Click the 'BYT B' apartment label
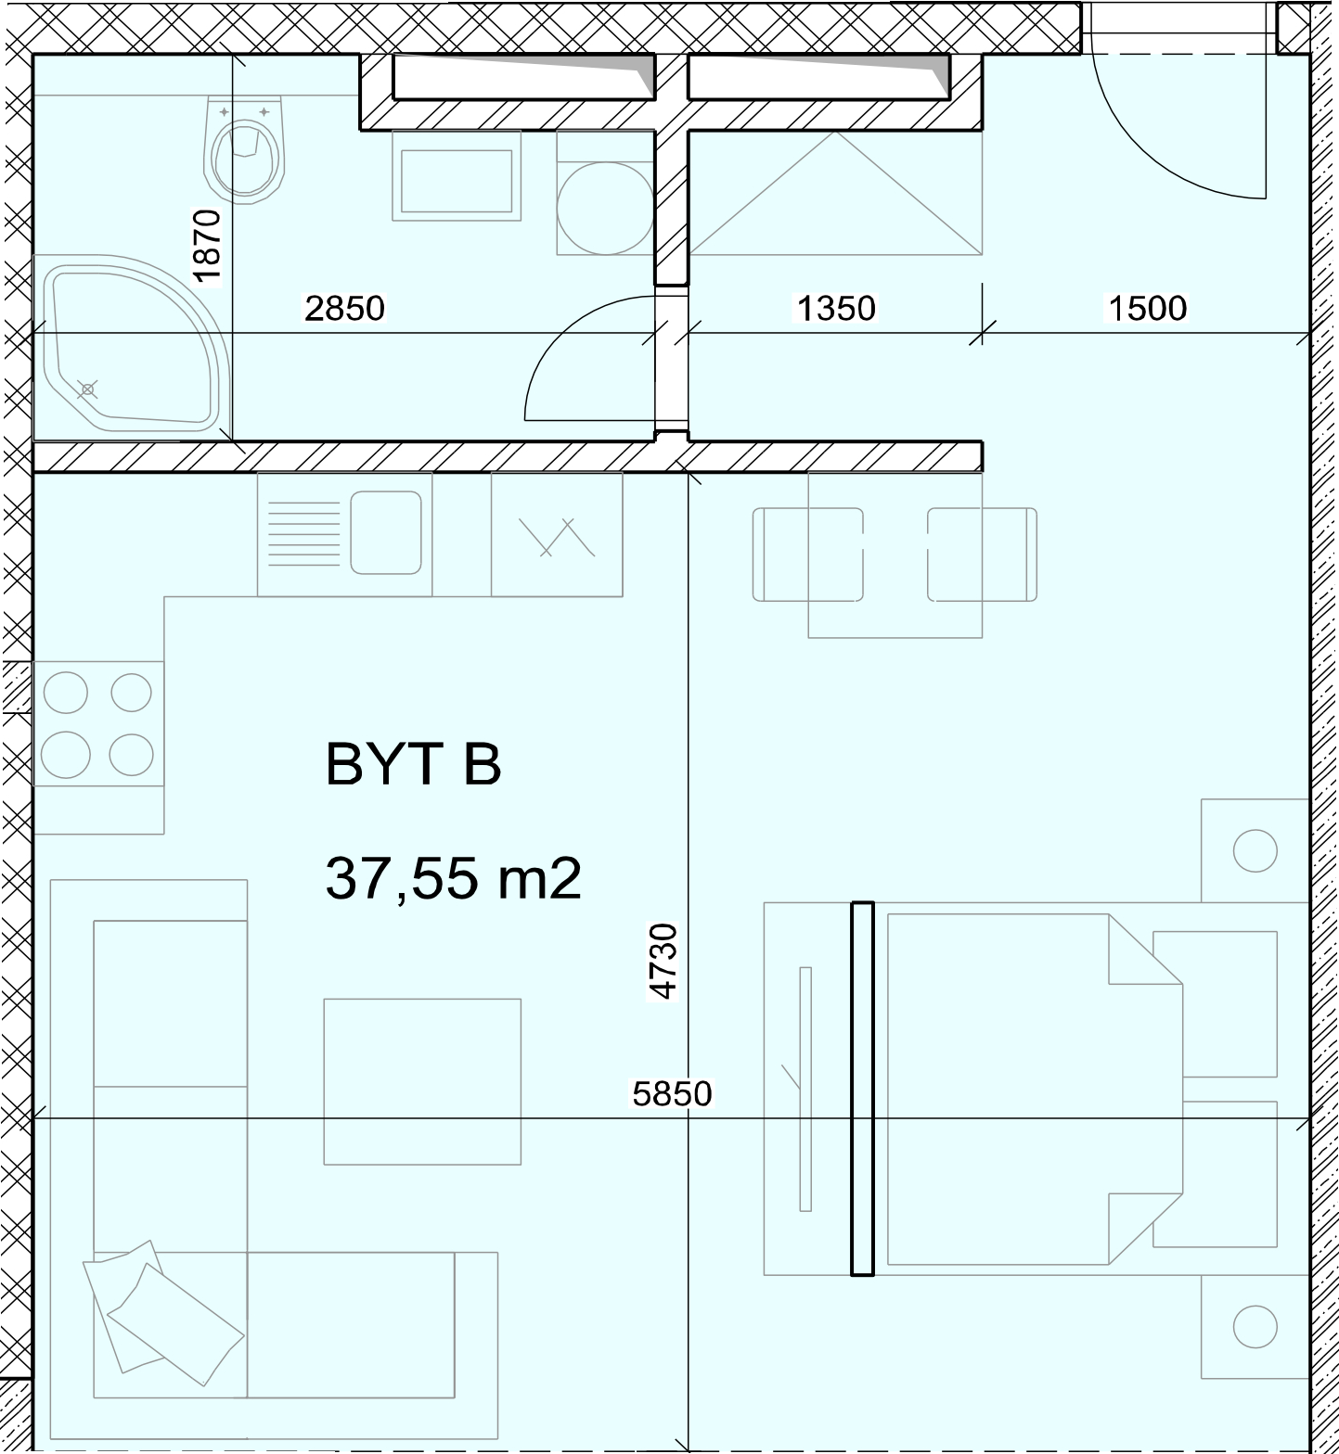[x=414, y=764]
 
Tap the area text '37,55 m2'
[x=454, y=878]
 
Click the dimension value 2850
[x=344, y=308]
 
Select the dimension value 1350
[x=836, y=308]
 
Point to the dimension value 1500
[x=1148, y=308]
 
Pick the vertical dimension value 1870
[x=207, y=247]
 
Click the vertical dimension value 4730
[x=663, y=961]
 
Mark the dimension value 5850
[x=673, y=1094]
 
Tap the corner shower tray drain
[x=88, y=389]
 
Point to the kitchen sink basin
[x=386, y=533]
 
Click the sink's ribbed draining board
[x=303, y=533]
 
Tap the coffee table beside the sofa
[x=422, y=1081]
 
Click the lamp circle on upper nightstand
[x=1255, y=850]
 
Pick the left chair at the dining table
[x=807, y=555]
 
